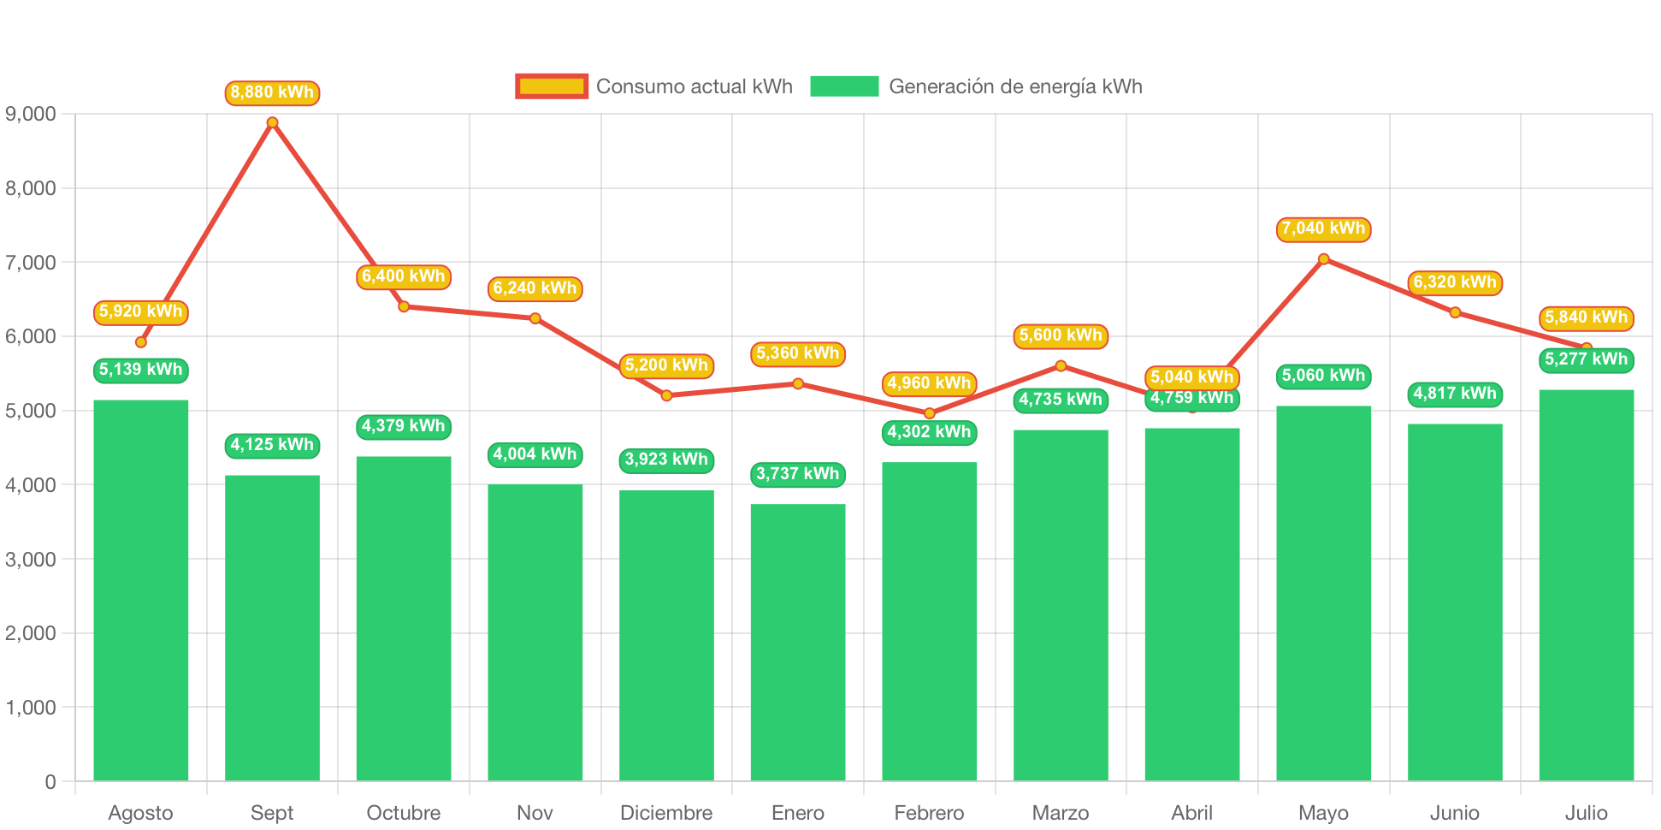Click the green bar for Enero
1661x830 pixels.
797,642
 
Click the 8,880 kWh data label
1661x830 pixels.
272,92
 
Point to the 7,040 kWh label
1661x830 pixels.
1323,228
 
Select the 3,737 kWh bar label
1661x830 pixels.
797,474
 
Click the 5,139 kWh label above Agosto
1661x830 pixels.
140,370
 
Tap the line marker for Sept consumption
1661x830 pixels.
272,122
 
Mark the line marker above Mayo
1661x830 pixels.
1323,258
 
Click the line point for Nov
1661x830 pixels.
535,318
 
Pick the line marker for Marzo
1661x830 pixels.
1061,365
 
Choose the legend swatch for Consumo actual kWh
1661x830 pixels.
552,86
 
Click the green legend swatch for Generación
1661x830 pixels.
844,86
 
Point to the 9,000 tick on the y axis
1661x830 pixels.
31,114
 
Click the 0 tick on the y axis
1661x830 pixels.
50,781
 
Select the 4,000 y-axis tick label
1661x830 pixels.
31,485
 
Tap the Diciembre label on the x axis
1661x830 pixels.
666,812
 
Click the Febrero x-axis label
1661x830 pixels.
929,812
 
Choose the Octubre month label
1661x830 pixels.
404,812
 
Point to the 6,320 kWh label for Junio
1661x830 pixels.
1454,282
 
